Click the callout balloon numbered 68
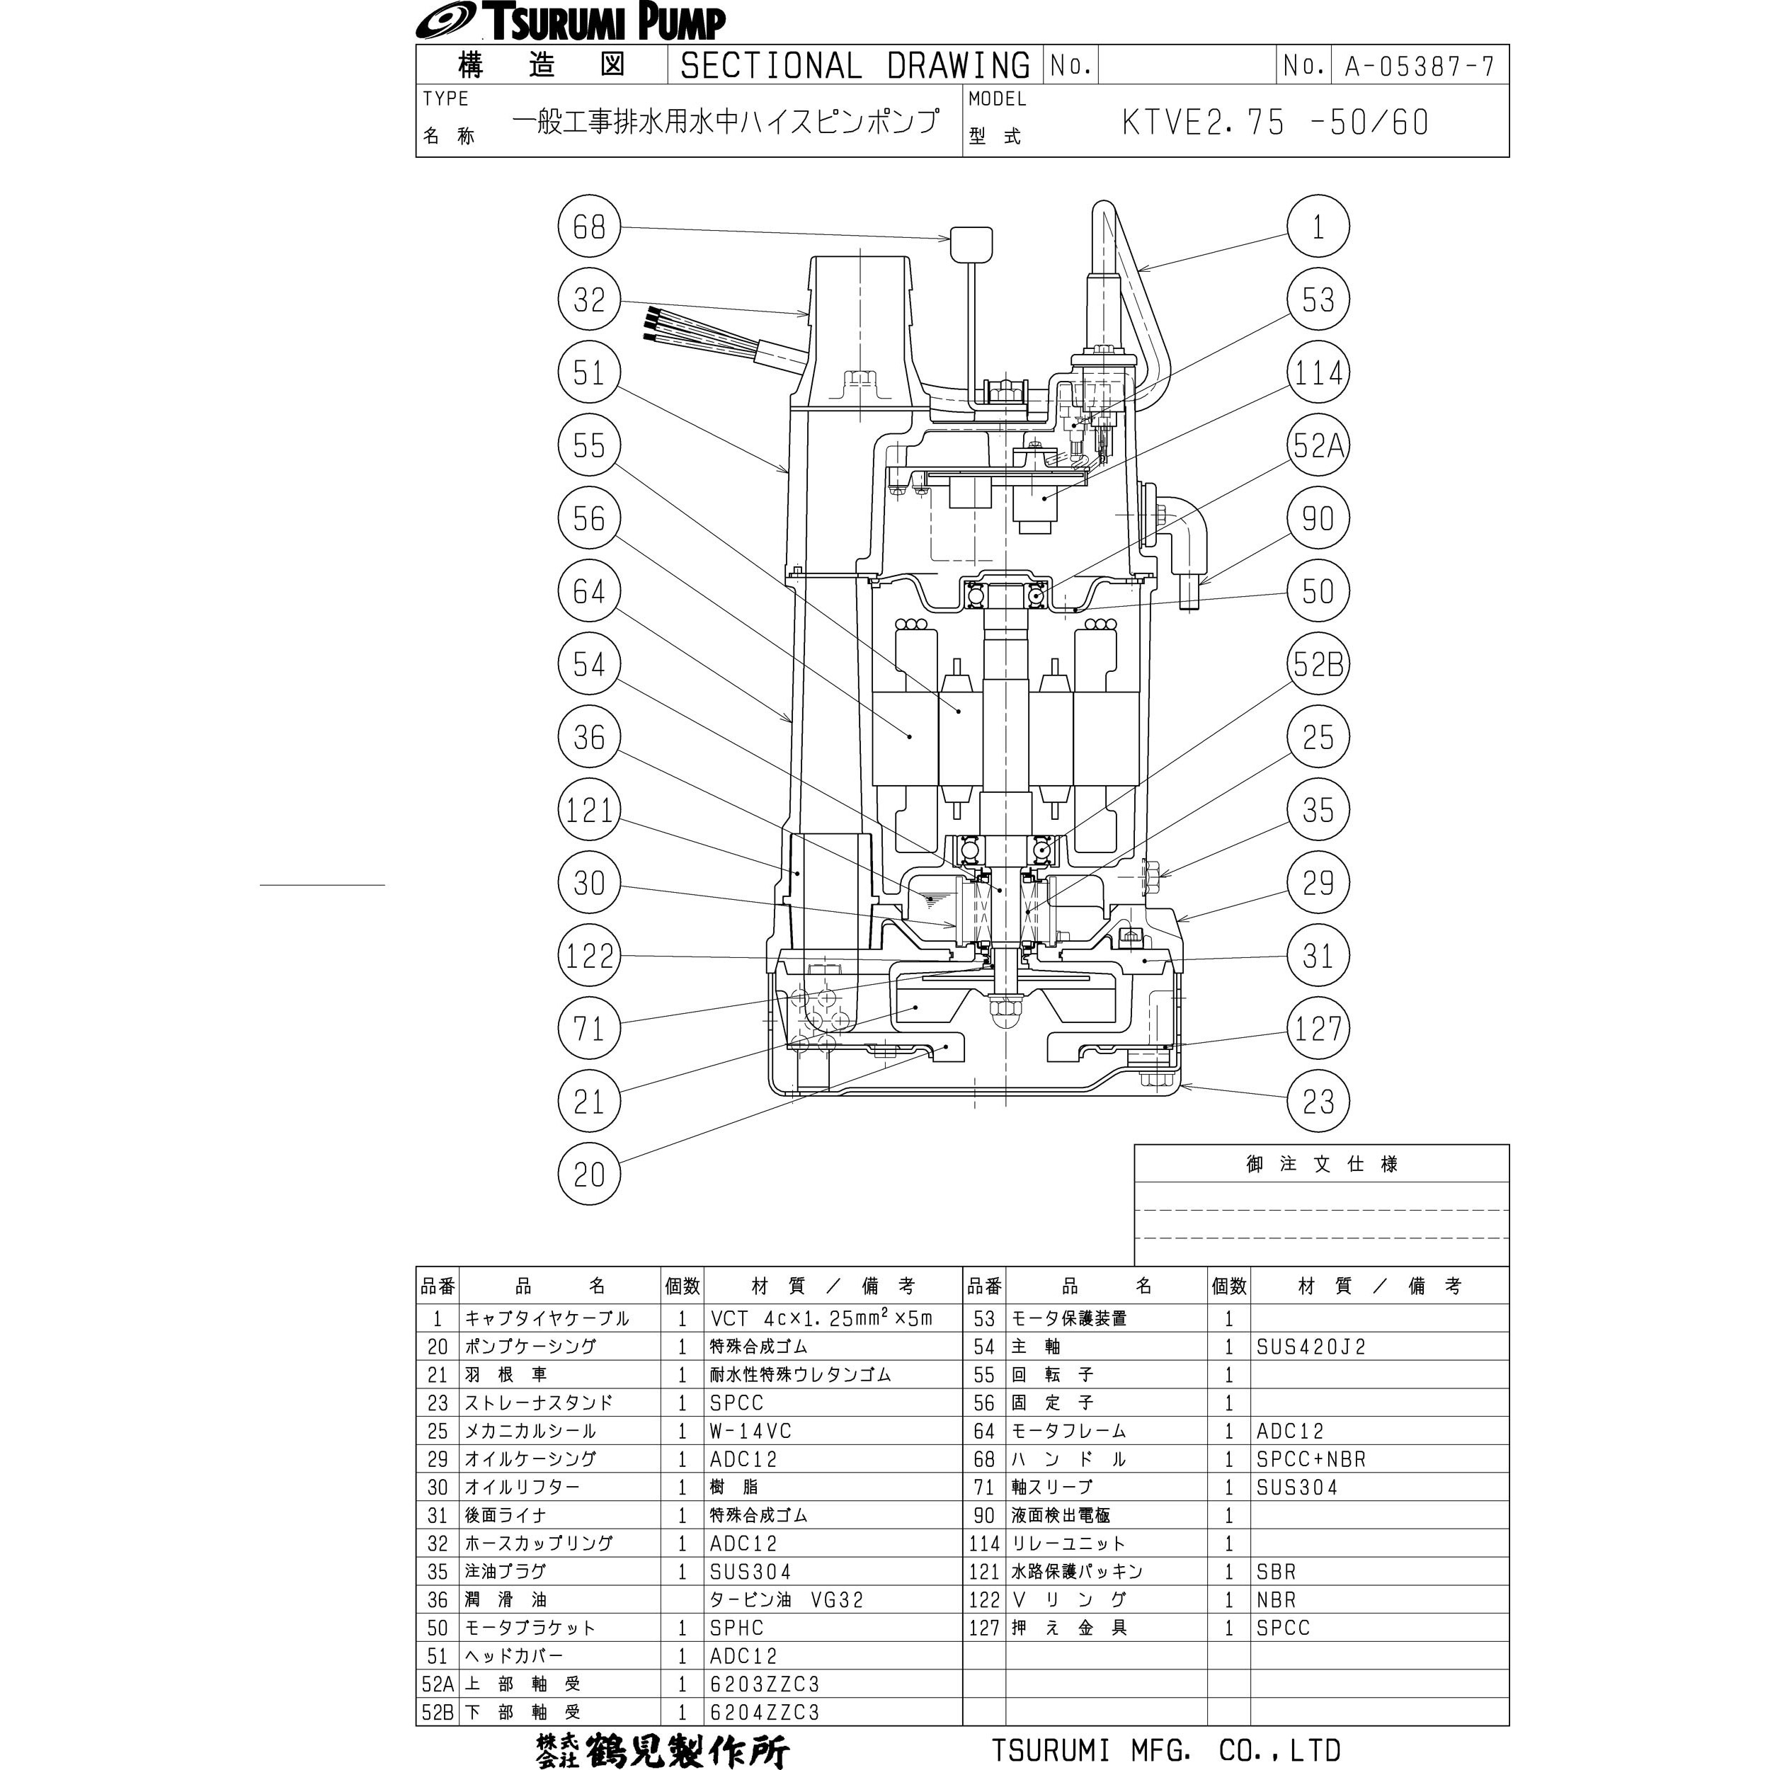[x=589, y=227]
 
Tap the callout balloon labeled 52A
[x=1318, y=446]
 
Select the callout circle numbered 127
[x=1318, y=1029]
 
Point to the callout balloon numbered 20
[x=589, y=1175]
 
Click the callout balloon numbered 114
[x=1318, y=373]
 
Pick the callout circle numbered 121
[x=589, y=810]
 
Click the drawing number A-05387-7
[x=1419, y=66]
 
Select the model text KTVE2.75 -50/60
[x=1275, y=122]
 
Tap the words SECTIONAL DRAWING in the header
[x=855, y=66]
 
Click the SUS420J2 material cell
[x=1311, y=1347]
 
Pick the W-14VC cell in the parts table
[x=750, y=1431]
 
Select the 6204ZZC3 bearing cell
[x=764, y=1712]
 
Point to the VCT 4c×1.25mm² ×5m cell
[x=821, y=1318]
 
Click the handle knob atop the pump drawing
[x=970, y=244]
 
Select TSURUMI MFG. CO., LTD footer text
[x=1166, y=1750]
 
